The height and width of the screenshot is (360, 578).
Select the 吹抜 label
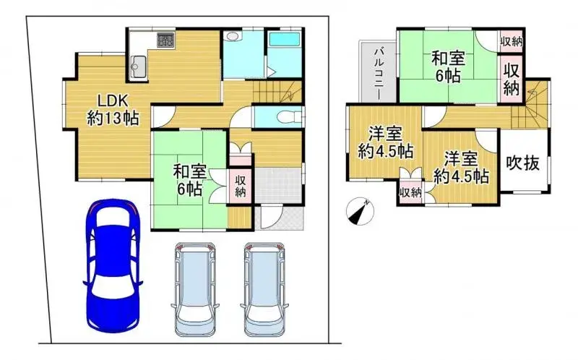tap(522, 163)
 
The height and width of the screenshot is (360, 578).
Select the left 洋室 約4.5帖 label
tap(385, 142)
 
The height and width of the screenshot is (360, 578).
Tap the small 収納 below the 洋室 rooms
tap(410, 192)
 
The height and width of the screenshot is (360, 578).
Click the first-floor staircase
tap(278, 90)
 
